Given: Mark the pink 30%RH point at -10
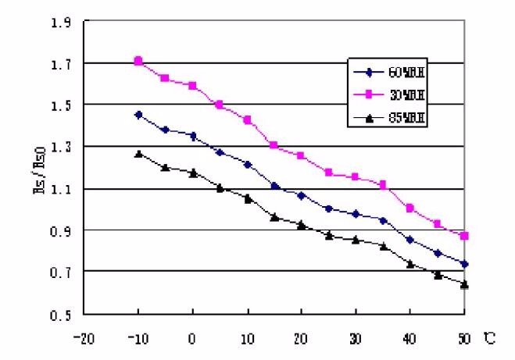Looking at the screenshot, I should click(138, 61).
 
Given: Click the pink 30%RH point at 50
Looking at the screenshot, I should click(464, 236).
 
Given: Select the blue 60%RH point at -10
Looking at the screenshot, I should click(138, 115).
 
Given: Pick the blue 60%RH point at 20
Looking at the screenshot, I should click(301, 195).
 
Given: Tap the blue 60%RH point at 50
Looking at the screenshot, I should click(464, 264).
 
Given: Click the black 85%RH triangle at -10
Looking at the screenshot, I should click(138, 154).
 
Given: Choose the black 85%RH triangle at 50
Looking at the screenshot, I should click(464, 284).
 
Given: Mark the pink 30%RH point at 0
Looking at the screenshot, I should click(192, 86).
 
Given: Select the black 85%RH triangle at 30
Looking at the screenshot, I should click(356, 240).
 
